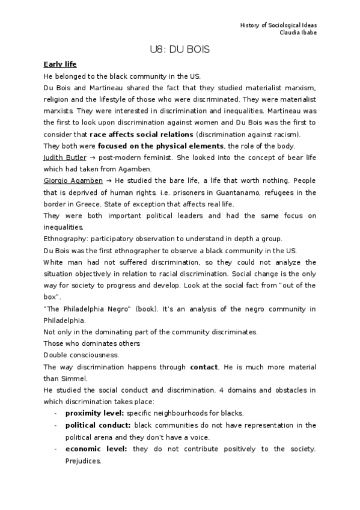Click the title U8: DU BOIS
click(x=180, y=50)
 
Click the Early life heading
click(x=60, y=64)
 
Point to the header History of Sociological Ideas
click(x=278, y=25)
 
